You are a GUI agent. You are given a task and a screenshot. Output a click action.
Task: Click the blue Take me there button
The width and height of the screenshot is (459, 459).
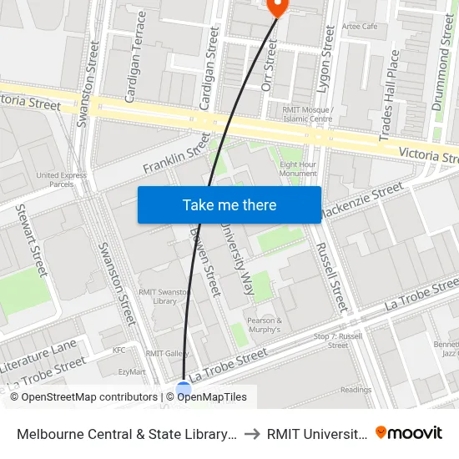pyautogui.click(x=229, y=204)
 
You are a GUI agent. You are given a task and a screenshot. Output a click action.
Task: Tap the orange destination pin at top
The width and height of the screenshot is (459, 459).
pyautogui.click(x=276, y=7)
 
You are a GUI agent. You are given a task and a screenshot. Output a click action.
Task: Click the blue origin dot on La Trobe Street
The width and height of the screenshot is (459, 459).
pyautogui.click(x=184, y=388)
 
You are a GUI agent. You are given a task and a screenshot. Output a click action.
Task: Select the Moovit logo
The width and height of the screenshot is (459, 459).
pyautogui.click(x=409, y=433)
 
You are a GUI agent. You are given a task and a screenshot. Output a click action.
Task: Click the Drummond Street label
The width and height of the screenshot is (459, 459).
pyautogui.click(x=442, y=63)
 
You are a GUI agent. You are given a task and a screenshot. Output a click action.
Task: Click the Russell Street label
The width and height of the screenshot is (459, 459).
pyautogui.click(x=331, y=276)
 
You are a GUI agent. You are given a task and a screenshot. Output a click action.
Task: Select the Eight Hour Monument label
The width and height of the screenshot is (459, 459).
pyautogui.click(x=298, y=169)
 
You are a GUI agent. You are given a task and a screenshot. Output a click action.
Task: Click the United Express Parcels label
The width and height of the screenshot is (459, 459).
pyautogui.click(x=61, y=179)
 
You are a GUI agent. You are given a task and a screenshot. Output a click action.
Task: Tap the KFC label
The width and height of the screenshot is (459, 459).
pyautogui.click(x=119, y=351)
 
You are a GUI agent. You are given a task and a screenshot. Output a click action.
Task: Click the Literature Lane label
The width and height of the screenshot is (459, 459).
pyautogui.click(x=38, y=356)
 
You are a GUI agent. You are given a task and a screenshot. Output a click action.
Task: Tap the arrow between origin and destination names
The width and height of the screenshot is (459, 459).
pyautogui.click(x=251, y=434)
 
